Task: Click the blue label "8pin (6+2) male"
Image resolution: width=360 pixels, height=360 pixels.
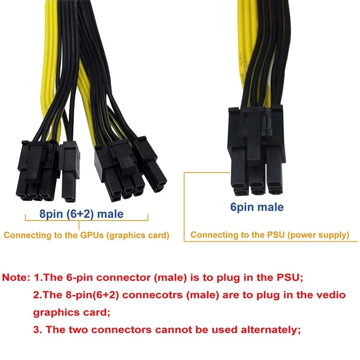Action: (x=81, y=214)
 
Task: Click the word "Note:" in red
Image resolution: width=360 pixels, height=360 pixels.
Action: (x=16, y=278)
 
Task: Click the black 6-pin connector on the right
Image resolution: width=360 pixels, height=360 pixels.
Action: (x=255, y=151)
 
